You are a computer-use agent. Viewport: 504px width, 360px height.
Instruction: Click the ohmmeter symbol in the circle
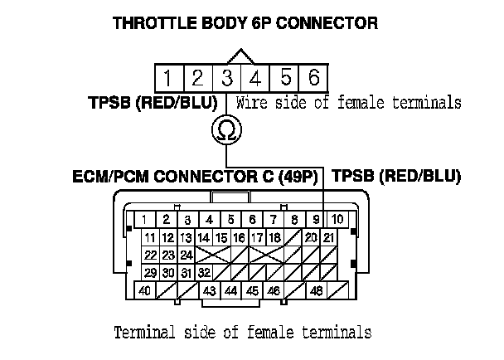225,129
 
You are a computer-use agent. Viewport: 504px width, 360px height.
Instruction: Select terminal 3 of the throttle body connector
226,79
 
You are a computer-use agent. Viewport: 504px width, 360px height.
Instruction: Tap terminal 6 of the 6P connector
313,79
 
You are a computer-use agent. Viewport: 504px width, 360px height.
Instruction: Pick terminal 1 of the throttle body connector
168,79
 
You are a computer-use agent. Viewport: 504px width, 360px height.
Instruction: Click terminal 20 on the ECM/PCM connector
311,238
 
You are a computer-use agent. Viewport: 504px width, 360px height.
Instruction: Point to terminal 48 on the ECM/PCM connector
316,291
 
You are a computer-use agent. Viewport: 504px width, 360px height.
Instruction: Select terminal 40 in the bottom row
144,291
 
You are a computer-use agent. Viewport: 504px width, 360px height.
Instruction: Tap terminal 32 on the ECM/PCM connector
204,272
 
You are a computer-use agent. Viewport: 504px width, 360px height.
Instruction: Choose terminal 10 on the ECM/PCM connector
337,220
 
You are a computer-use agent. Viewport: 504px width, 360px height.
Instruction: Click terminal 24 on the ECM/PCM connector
187,255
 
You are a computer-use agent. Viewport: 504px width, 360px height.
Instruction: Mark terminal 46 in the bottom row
274,291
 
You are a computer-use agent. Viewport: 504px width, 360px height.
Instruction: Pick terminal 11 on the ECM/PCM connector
150,238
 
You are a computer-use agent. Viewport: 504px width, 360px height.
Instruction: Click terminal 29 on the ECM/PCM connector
150,272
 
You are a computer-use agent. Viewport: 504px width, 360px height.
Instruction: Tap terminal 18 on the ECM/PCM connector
274,238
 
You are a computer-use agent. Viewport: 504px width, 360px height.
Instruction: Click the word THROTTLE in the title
156,22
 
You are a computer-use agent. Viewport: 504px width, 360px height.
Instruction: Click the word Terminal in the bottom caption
143,333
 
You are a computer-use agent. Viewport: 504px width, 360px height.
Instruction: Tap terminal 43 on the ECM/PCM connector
210,291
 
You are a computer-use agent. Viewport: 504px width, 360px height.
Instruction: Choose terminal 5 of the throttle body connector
285,79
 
